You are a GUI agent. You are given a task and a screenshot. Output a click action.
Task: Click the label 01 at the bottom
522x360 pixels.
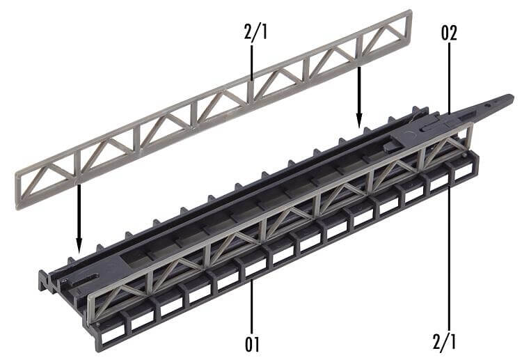(x=253, y=343)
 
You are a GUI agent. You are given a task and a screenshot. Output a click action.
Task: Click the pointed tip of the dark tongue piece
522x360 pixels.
(x=514, y=98)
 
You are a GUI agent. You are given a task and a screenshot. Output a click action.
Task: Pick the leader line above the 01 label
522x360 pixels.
(x=253, y=299)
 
